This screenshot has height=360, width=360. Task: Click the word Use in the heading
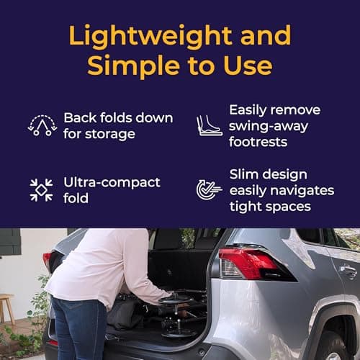tap(249, 66)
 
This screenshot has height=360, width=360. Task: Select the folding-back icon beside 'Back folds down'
tap(42, 125)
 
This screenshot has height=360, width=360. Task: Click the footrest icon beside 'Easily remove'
tap(210, 125)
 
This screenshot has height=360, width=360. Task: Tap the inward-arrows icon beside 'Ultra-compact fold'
tap(42, 190)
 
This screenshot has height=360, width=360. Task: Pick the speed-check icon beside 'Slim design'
tap(210, 190)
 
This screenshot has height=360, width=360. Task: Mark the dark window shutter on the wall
tap(9, 241)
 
